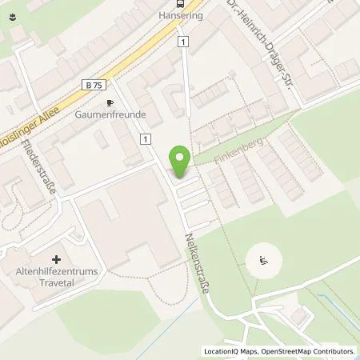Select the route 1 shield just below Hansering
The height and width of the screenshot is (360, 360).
(x=183, y=42)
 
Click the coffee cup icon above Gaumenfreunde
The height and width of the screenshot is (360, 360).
(x=111, y=103)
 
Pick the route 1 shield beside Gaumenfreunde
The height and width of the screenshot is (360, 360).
(x=146, y=139)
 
